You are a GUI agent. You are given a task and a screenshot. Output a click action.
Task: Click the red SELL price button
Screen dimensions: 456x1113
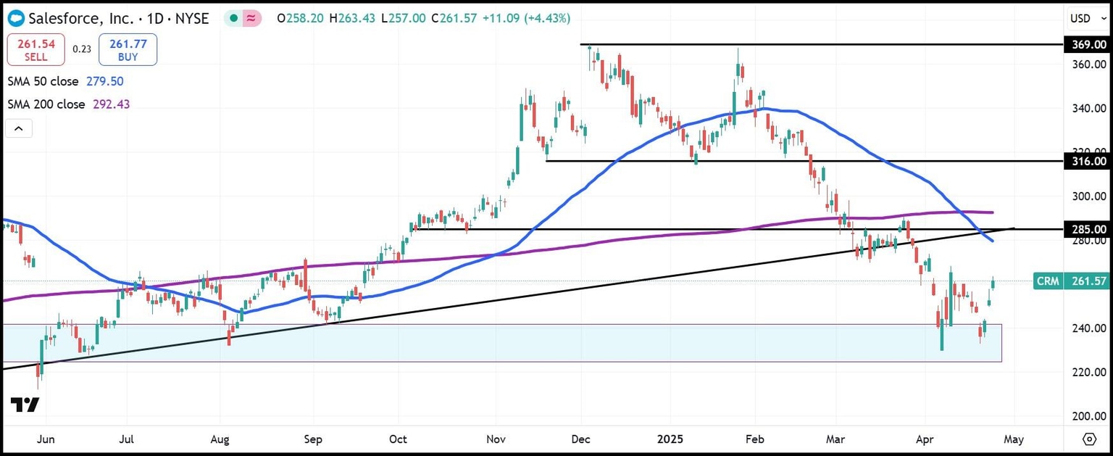[x=36, y=49]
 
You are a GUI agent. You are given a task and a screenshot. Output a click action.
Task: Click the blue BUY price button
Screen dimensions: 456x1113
[x=128, y=49]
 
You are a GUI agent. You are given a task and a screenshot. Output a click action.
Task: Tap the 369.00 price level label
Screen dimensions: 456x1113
[x=1088, y=45]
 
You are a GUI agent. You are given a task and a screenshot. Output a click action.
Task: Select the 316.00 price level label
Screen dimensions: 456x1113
[x=1088, y=161]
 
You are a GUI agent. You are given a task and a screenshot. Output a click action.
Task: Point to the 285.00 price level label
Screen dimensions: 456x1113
[x=1088, y=229]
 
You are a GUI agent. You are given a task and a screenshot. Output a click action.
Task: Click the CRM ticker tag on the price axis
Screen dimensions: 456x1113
[x=1048, y=281]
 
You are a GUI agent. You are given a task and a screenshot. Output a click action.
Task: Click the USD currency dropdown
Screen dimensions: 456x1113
[x=1088, y=18]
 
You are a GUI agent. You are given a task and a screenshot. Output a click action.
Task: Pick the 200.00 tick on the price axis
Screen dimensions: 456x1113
[x=1088, y=416]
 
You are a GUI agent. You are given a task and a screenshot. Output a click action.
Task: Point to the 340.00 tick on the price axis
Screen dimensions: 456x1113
[x=1088, y=109]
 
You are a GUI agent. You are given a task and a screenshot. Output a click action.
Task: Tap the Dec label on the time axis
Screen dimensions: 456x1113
[x=581, y=439]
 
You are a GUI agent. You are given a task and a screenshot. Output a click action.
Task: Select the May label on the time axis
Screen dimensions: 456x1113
[x=1014, y=439]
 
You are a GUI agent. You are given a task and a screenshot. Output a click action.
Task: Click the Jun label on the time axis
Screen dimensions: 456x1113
[x=46, y=439]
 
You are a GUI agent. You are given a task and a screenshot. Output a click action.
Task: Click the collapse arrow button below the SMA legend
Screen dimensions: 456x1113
[x=19, y=129]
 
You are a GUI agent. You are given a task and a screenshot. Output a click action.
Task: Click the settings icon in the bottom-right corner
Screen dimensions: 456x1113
[x=1089, y=439]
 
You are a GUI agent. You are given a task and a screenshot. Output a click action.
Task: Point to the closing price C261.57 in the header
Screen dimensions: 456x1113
[x=454, y=18]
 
